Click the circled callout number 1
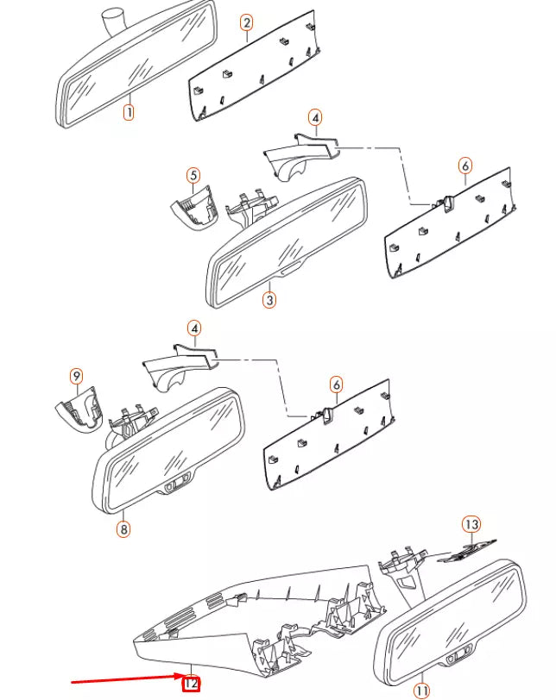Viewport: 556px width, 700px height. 128,111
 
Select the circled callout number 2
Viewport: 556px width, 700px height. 247,23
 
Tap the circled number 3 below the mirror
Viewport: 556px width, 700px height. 270,300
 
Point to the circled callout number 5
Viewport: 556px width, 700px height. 194,176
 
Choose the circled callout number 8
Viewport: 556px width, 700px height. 123,528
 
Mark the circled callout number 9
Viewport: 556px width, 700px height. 77,376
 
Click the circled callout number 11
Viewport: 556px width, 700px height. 421,690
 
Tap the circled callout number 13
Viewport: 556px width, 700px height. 471,524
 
